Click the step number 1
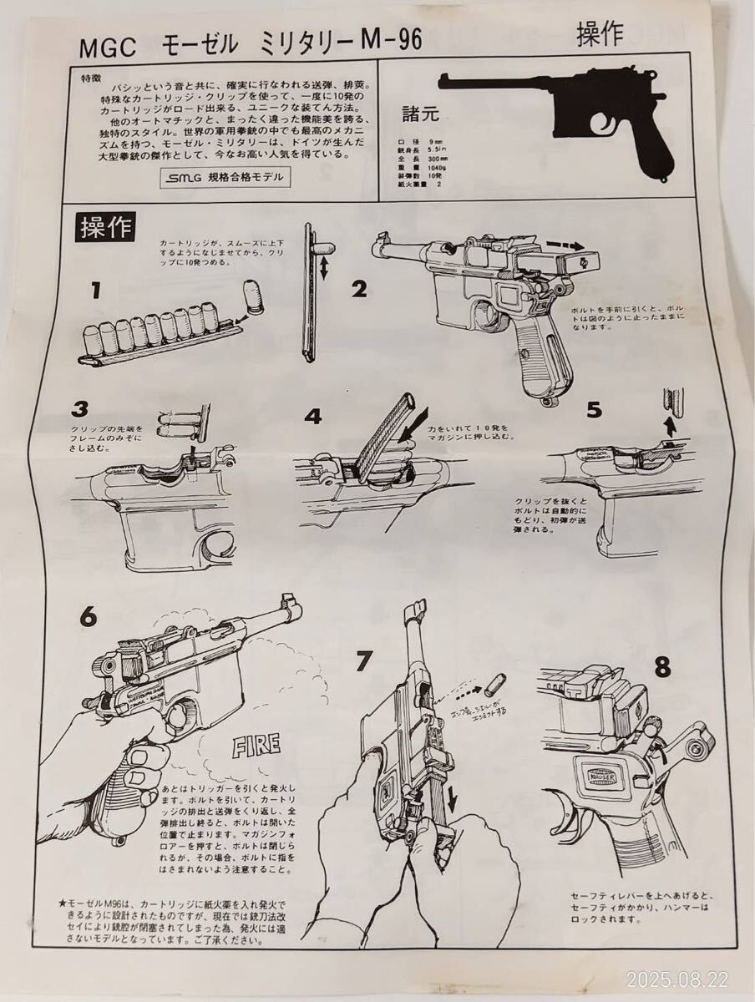pos(96,291)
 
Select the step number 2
pos(359,290)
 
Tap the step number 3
pos(80,409)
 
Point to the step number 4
pos(313,416)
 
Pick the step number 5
pos(594,410)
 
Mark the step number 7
pos(363,661)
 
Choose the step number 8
pos(661,667)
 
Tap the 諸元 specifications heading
pos(420,111)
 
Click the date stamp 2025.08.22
pos(698,977)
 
